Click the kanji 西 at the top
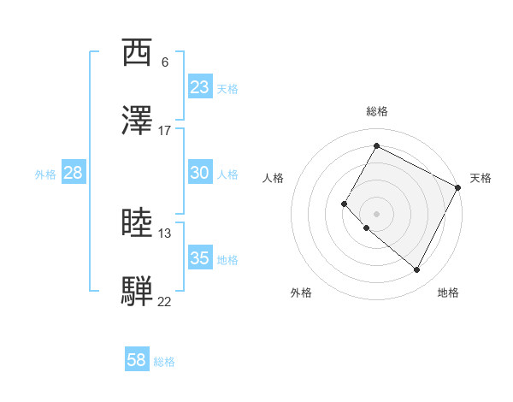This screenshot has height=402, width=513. click(137, 53)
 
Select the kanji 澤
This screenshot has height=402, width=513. click(137, 121)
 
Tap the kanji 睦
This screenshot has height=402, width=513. click(137, 224)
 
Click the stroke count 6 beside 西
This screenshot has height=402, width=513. click(165, 62)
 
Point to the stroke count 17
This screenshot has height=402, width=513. click(165, 130)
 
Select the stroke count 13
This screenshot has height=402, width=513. click(165, 233)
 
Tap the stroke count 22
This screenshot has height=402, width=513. click(165, 301)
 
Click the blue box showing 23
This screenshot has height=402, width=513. click(200, 87)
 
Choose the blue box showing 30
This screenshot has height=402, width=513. click(200, 173)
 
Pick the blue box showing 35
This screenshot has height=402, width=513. click(200, 258)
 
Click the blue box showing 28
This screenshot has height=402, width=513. click(74, 173)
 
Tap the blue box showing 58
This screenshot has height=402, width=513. click(137, 360)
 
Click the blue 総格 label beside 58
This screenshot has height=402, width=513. click(164, 362)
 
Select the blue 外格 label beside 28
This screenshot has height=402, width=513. click(45, 174)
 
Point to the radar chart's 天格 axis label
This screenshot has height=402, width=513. click(481, 178)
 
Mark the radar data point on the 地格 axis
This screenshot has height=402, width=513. click(417, 270)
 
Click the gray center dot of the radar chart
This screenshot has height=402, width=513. click(376, 213)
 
